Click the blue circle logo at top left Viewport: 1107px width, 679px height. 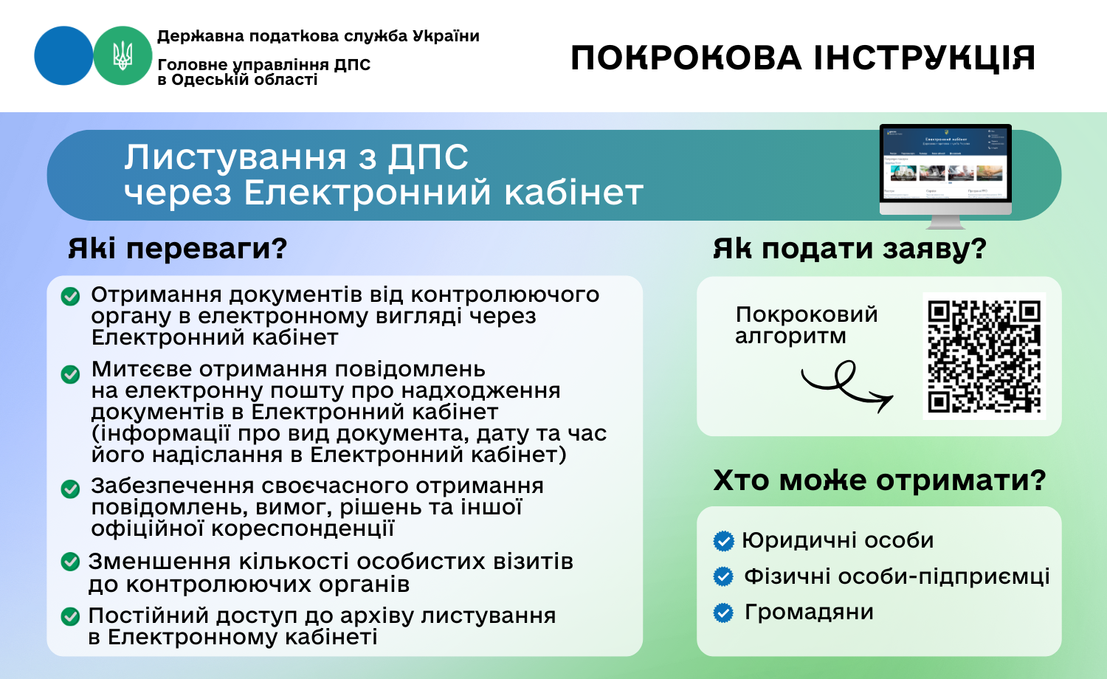[63, 55]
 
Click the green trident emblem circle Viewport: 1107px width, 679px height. [123, 55]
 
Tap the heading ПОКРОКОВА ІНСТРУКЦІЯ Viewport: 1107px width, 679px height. [803, 58]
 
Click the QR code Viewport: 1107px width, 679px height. [984, 356]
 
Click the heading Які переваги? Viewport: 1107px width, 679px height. [177, 248]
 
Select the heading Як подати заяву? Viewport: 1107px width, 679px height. [849, 249]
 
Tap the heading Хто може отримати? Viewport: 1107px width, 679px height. [879, 480]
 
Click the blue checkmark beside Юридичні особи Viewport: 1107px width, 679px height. [723, 541]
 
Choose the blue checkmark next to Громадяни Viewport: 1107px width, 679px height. [723, 613]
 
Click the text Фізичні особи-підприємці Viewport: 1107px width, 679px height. [897, 576]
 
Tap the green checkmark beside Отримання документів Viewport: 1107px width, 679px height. [70, 296]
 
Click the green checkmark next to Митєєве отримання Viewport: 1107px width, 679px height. [70, 374]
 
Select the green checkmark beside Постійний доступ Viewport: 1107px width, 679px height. [70, 616]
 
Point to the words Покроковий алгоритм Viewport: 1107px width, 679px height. [806, 325]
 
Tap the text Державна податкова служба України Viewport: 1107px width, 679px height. [318, 36]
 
